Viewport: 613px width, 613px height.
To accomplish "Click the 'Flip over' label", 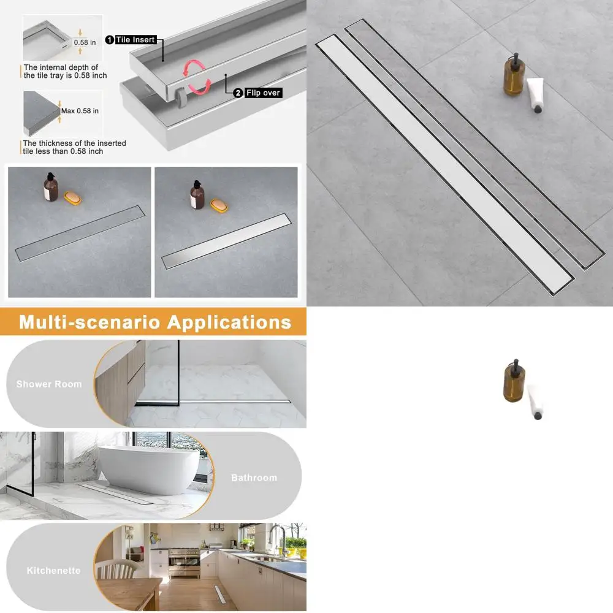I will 262,93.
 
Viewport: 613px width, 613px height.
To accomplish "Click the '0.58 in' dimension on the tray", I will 85,43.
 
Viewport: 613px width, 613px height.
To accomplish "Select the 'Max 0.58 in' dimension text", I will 80,111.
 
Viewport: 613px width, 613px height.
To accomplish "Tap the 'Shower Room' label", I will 48,384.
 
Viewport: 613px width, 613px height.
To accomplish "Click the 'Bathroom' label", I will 254,478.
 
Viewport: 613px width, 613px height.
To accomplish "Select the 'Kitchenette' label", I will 53,571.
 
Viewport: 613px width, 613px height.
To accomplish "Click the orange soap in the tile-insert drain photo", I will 72,199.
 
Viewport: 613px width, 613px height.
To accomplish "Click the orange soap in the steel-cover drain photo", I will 219,204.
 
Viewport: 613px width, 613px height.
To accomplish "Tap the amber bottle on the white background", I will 513,381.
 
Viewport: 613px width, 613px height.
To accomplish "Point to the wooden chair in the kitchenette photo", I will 116,571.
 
